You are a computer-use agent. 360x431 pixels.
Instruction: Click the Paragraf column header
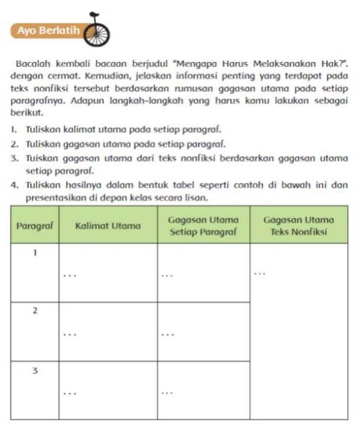click(34, 225)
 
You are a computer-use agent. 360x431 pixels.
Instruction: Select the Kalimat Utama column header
click(108, 225)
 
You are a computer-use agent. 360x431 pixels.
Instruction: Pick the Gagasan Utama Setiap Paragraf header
click(204, 225)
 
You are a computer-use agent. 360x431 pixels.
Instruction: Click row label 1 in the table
click(35, 253)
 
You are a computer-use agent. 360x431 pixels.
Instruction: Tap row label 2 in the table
click(35, 311)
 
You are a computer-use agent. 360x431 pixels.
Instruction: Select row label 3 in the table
click(35, 370)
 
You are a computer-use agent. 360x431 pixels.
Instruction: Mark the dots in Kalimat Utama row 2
click(68, 335)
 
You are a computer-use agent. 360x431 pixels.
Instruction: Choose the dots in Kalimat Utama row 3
click(68, 393)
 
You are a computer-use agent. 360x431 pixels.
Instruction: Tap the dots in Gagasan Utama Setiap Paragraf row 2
click(167, 335)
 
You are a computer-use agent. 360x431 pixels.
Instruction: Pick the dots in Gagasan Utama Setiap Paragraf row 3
click(167, 393)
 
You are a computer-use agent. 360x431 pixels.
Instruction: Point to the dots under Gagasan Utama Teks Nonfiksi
click(259, 272)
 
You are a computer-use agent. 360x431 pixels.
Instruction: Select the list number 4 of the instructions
click(14, 185)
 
